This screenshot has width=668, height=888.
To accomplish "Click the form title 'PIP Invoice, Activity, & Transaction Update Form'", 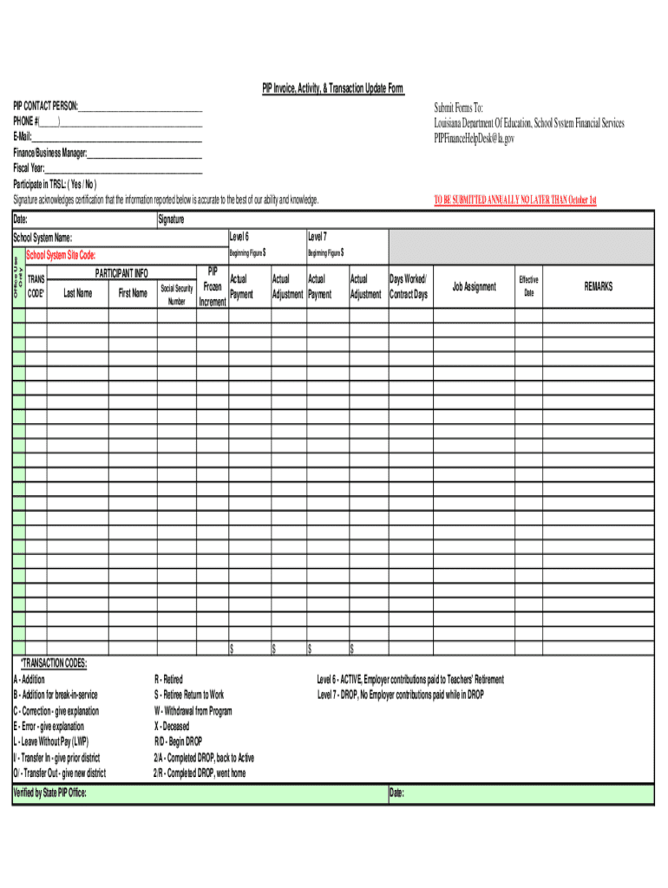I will [333, 90].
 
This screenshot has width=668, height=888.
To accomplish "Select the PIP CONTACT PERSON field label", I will [45, 106].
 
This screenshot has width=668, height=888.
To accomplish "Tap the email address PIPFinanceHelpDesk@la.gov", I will [475, 137].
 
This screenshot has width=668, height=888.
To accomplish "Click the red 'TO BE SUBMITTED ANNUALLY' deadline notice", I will [515, 200].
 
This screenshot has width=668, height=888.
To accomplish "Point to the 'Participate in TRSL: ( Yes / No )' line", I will [55, 185].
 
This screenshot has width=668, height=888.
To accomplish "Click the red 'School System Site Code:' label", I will [61, 255].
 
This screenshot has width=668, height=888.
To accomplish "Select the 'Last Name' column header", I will [78, 293].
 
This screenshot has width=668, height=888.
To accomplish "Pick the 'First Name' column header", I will [133, 293].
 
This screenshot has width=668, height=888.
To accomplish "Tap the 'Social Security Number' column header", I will [177, 294].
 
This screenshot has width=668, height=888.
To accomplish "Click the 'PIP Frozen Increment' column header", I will [213, 286].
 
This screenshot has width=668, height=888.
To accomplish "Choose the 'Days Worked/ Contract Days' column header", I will [408, 287].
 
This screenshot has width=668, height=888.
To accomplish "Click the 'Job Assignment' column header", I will [474, 287].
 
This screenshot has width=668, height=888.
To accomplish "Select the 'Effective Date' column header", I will [528, 286].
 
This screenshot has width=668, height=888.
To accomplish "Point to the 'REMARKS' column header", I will [598, 286].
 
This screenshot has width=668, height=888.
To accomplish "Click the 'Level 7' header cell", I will [317, 237].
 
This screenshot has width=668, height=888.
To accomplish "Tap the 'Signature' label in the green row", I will [171, 220].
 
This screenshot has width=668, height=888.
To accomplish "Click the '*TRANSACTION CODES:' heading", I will [53, 663].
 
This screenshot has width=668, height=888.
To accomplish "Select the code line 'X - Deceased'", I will [171, 726].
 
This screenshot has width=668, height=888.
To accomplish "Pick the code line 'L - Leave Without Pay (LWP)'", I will [50, 741].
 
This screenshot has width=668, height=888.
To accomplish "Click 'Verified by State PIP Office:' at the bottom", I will [49, 793].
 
